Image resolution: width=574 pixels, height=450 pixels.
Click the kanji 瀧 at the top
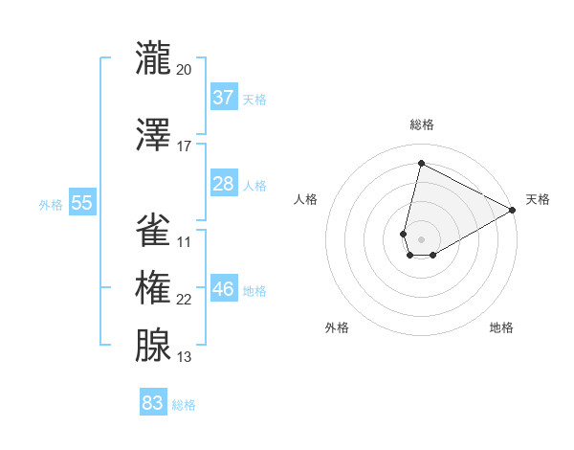point(153,57)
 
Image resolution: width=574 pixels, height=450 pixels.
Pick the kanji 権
point(153,287)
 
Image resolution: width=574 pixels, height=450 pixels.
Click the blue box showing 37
point(224,98)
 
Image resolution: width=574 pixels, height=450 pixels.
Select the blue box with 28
point(224,184)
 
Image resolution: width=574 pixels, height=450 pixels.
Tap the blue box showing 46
point(224,289)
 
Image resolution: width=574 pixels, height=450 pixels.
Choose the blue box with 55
point(81,202)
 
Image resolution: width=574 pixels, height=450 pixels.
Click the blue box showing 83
point(153,403)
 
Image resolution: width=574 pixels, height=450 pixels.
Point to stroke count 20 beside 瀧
point(184,70)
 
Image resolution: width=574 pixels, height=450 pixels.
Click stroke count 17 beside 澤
point(184,146)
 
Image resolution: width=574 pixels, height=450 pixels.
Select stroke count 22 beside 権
point(184,300)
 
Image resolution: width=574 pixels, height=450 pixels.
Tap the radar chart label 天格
point(538,199)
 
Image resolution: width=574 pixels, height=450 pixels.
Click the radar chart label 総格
point(421,124)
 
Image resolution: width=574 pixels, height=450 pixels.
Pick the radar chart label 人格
point(305,199)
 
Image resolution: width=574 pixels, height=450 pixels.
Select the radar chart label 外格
point(337,327)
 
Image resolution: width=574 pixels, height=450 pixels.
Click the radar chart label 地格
point(501,327)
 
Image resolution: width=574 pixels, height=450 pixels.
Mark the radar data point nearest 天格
point(514,211)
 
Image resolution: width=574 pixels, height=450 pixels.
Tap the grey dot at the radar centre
point(421,237)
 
